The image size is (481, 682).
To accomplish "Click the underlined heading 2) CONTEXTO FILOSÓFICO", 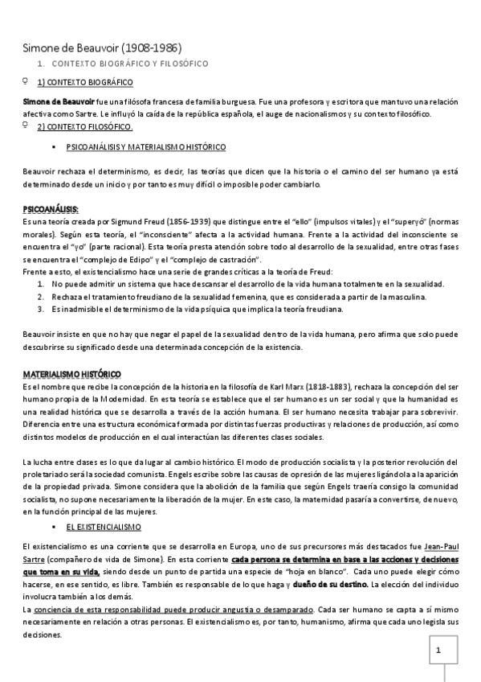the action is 85,127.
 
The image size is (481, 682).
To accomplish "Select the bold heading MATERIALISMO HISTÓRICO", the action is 72,374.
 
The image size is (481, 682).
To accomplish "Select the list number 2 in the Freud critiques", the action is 41,297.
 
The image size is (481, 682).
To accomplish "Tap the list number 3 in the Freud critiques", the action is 41,309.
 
